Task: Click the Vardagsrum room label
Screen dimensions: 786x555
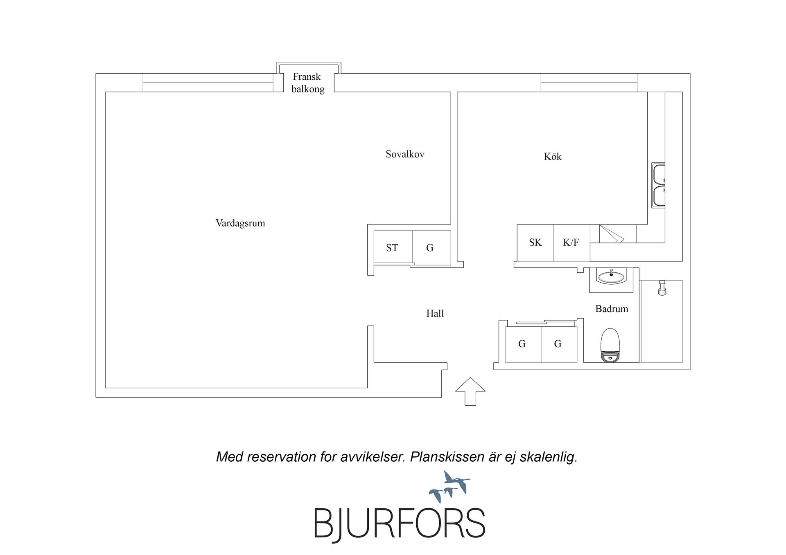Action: [240, 223]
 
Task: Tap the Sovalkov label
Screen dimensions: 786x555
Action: [405, 154]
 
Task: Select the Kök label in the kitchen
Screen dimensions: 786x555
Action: [553, 156]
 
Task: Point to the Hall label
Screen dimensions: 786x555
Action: [435, 313]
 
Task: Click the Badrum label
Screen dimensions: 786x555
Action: [612, 309]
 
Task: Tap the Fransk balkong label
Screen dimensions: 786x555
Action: [308, 83]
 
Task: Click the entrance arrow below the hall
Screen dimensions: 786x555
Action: [470, 391]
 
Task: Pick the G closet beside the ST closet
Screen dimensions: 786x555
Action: [431, 247]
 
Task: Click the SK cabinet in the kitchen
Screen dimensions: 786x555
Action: [535, 243]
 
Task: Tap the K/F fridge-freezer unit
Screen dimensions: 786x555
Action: [571, 243]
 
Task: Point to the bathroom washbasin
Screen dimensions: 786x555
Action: [611, 276]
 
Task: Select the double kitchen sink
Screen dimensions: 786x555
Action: [658, 185]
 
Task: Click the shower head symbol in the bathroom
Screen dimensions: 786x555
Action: [662, 288]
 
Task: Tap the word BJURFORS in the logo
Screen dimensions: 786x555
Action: [400, 524]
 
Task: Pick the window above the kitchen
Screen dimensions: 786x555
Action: [589, 83]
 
